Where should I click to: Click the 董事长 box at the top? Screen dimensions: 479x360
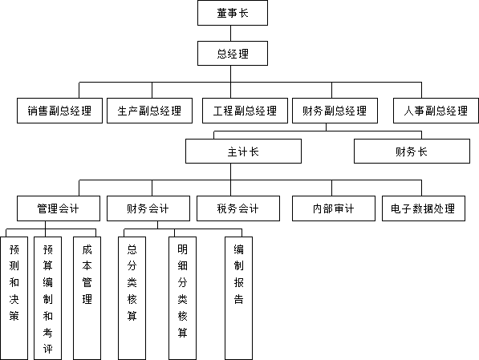pyautogui.click(x=233, y=13)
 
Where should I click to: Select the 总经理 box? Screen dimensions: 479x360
pyautogui.click(x=233, y=54)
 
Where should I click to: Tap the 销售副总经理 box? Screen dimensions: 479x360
pyautogui.click(x=59, y=111)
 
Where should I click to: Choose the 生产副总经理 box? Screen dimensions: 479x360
pyautogui.click(x=149, y=111)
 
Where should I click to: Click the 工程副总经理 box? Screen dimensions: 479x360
pyautogui.click(x=245, y=111)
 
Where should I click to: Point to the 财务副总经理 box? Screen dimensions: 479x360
pyautogui.click(x=335, y=111)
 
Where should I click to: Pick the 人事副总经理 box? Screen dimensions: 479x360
pyautogui.click(x=436, y=111)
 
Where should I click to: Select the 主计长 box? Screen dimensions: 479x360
pyautogui.click(x=243, y=152)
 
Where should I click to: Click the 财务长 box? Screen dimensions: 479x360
pyautogui.click(x=412, y=152)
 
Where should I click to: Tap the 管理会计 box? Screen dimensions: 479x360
pyautogui.click(x=59, y=208)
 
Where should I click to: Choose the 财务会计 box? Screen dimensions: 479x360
pyautogui.click(x=148, y=208)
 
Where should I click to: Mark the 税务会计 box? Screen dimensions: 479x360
pyautogui.click(x=238, y=208)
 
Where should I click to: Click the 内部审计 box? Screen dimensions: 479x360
pyautogui.click(x=334, y=208)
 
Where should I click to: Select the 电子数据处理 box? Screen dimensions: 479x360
pyautogui.click(x=424, y=208)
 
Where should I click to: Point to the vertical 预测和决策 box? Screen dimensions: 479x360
pyautogui.click(x=14, y=298)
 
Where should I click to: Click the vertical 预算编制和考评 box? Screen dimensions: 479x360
pyautogui.click(x=47, y=298)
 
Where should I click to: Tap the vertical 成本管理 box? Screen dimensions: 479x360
pyautogui.click(x=87, y=298)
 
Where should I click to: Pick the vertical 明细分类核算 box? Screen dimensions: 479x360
pyautogui.click(x=182, y=298)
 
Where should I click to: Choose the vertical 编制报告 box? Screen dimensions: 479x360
pyautogui.click(x=238, y=298)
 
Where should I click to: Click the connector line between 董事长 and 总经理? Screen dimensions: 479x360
pyautogui.click(x=230, y=34)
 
